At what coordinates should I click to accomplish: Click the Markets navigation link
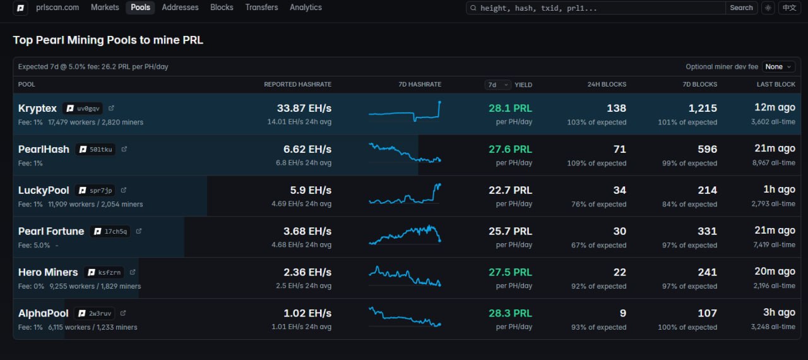(x=105, y=7)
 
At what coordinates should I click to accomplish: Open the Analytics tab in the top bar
(x=306, y=7)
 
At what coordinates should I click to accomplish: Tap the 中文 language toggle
(x=789, y=8)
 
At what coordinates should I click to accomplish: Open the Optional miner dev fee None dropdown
(x=778, y=67)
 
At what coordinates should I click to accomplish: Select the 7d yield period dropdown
(x=497, y=85)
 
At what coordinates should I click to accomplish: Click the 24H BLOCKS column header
(x=607, y=85)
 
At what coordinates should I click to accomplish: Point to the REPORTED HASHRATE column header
(x=297, y=85)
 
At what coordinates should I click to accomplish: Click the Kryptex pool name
(x=37, y=108)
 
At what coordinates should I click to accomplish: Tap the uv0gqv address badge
(x=83, y=108)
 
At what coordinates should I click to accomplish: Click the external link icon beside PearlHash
(x=124, y=149)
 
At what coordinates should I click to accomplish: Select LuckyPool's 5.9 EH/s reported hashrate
(x=311, y=190)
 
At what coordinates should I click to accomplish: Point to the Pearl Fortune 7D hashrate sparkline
(x=405, y=235)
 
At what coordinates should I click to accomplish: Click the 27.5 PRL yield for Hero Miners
(x=510, y=272)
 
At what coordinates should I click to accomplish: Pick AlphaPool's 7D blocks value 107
(x=707, y=313)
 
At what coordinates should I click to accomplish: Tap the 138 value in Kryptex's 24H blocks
(x=616, y=108)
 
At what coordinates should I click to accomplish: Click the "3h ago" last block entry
(x=779, y=312)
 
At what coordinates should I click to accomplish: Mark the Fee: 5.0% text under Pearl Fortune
(x=34, y=245)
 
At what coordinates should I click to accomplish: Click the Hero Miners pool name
(x=48, y=272)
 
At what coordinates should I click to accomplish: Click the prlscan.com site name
(x=57, y=7)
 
